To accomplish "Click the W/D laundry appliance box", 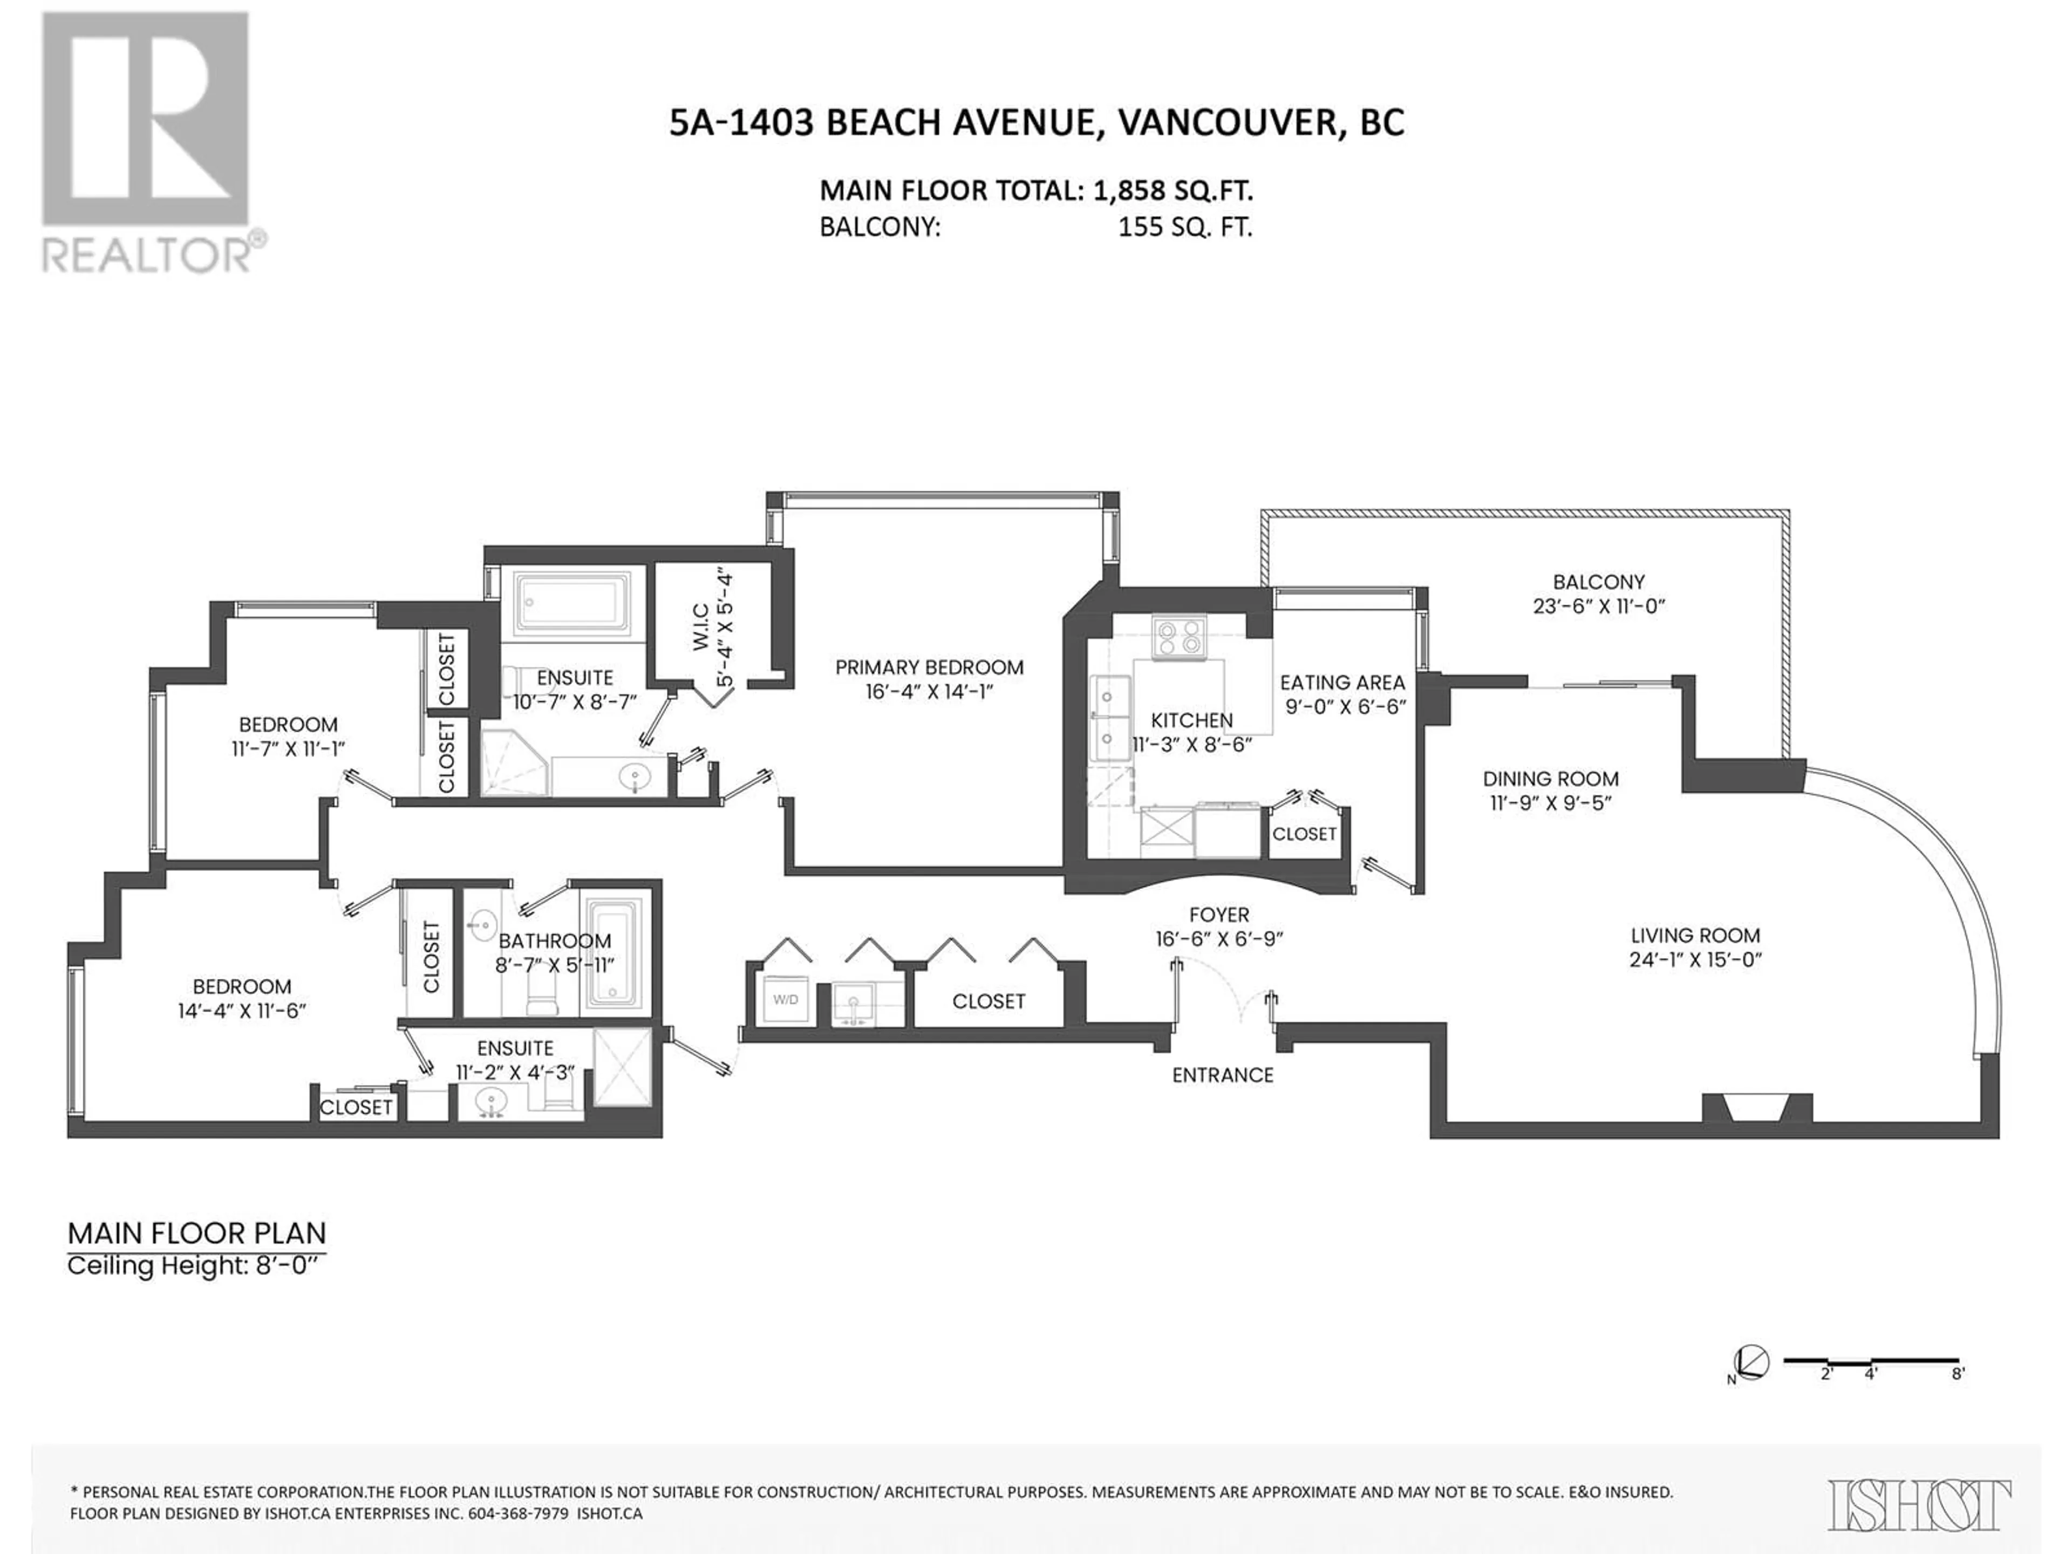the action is point(785,999).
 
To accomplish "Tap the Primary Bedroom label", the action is point(929,667).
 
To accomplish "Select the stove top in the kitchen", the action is point(1180,637).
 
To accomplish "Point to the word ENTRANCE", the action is point(1222,1075).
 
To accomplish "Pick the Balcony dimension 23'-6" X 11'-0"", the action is point(1598,606).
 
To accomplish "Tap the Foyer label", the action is point(1219,914).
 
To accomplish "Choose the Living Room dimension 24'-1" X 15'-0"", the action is point(1695,959).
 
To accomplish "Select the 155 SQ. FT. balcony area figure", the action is point(1185,228).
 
